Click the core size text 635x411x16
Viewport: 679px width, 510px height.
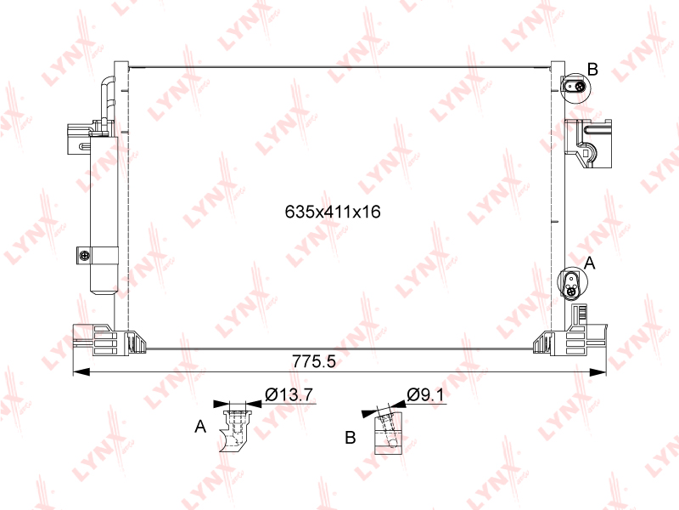pyautogui.click(x=333, y=212)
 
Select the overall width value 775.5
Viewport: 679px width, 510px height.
pyautogui.click(x=314, y=361)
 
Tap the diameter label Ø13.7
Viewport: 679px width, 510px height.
pyautogui.click(x=289, y=394)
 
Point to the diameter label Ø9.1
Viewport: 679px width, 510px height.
pyautogui.click(x=426, y=394)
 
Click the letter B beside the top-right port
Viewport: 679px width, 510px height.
pyautogui.click(x=592, y=69)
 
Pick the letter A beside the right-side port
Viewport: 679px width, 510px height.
pyautogui.click(x=590, y=263)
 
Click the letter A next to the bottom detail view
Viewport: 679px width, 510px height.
pyautogui.click(x=200, y=427)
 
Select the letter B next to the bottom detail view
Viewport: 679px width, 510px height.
pyautogui.click(x=351, y=437)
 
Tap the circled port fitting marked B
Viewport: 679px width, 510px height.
pyautogui.click(x=575, y=88)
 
